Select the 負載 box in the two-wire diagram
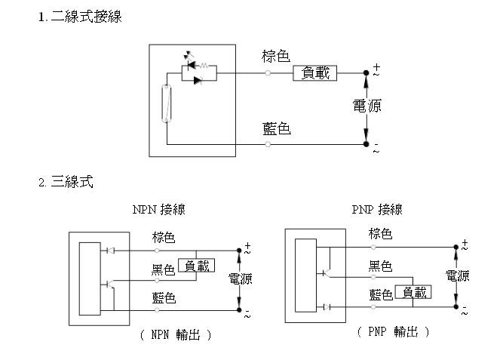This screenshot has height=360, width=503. pyautogui.click(x=314, y=72)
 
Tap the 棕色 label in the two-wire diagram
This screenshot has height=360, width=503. pyautogui.click(x=276, y=56)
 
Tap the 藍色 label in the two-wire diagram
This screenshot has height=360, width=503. pyautogui.click(x=276, y=129)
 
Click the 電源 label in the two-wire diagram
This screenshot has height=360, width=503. pyautogui.click(x=367, y=106)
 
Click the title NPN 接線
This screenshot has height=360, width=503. pyautogui.click(x=158, y=210)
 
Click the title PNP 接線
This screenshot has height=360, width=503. pyautogui.click(x=377, y=209)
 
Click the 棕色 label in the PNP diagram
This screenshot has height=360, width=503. pyautogui.click(x=380, y=234)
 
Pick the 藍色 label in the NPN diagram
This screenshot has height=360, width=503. pyautogui.click(x=164, y=299)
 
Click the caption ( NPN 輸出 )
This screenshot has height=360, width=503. pyautogui.click(x=175, y=334)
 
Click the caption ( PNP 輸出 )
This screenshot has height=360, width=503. pyautogui.click(x=392, y=331)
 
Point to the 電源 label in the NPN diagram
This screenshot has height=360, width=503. pyautogui.click(x=240, y=279)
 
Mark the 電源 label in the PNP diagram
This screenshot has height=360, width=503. pyautogui.click(x=457, y=276)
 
